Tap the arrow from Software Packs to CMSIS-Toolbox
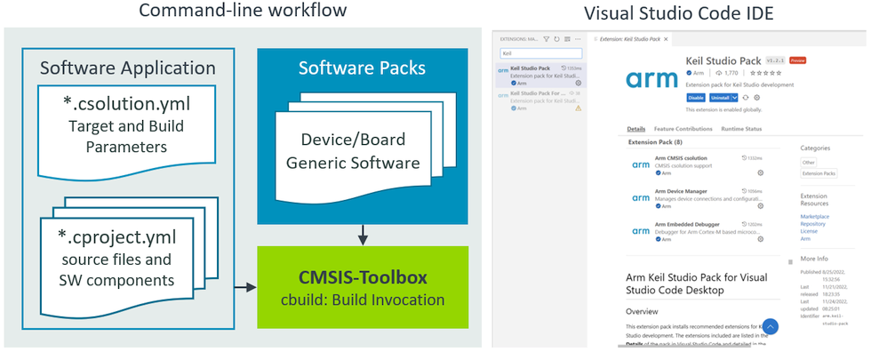(x=362, y=236)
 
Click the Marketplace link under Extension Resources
(x=813, y=216)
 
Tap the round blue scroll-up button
(x=771, y=327)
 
